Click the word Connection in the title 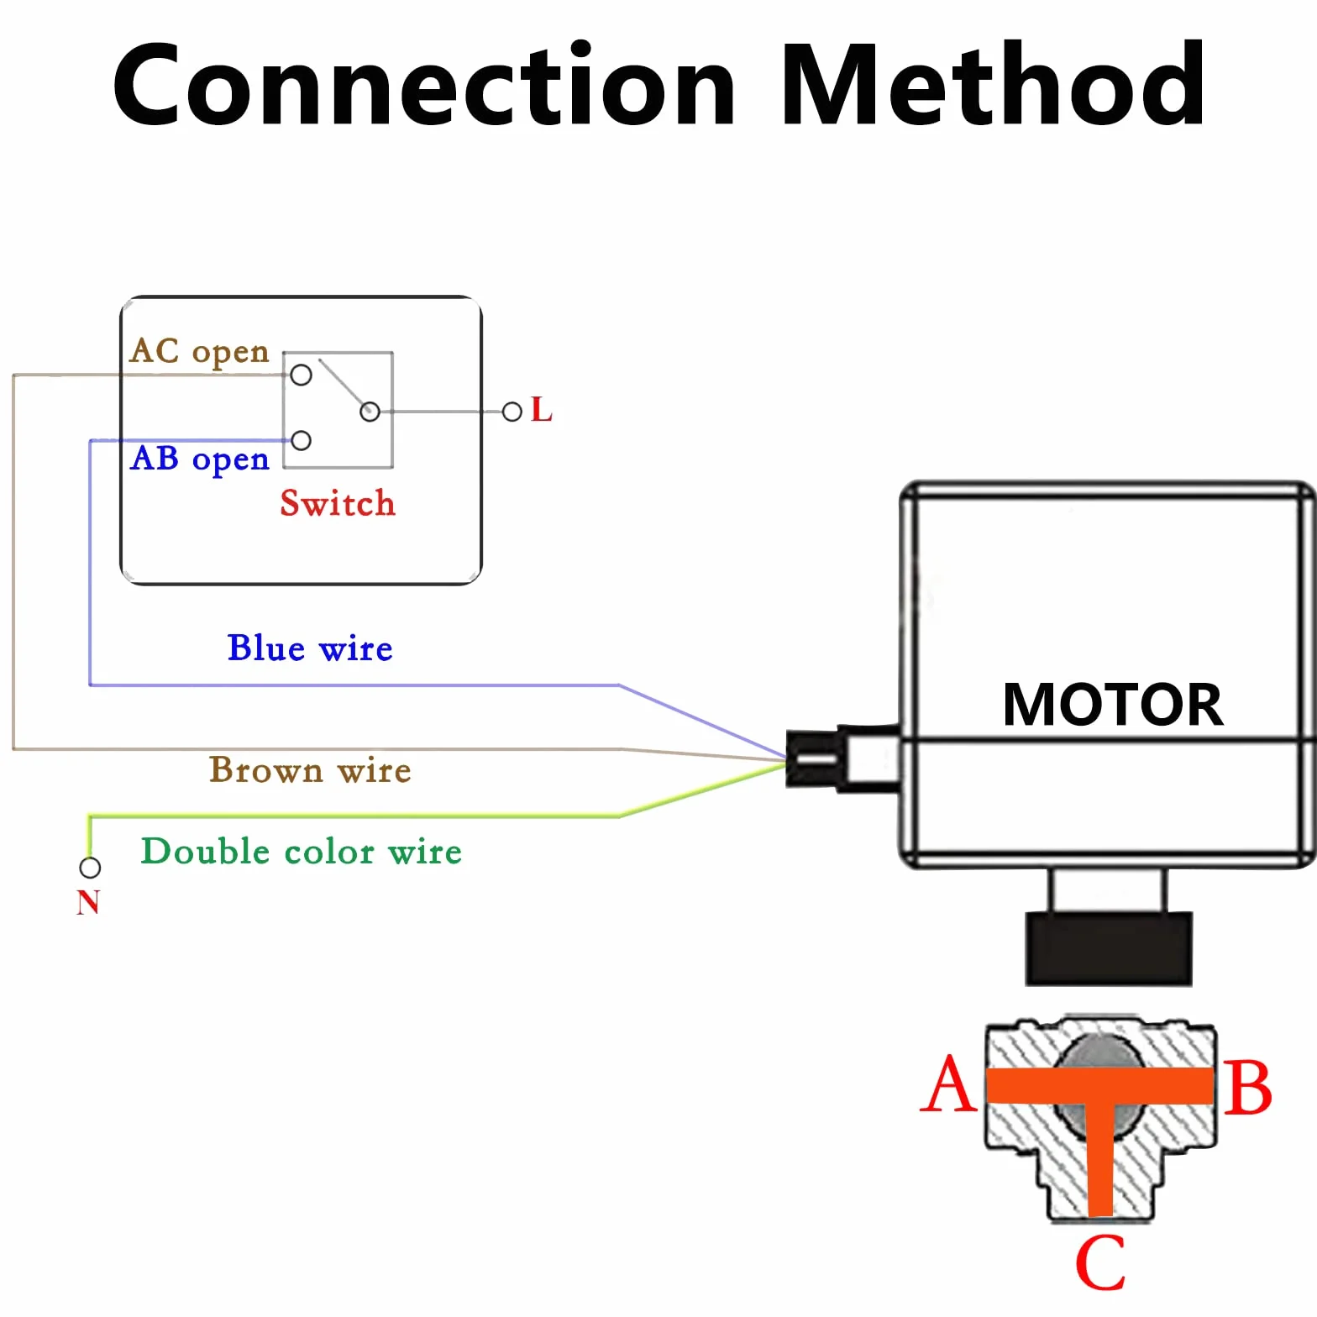pyautogui.click(x=425, y=84)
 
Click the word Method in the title pyautogui.click(x=994, y=84)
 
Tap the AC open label pyautogui.click(x=200, y=352)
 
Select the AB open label pyautogui.click(x=200, y=459)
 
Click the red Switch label pyautogui.click(x=338, y=503)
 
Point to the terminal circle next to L pyautogui.click(x=512, y=412)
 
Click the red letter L pyautogui.click(x=542, y=410)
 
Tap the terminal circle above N pyautogui.click(x=90, y=867)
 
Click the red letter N pyautogui.click(x=88, y=902)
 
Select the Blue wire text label pyautogui.click(x=310, y=648)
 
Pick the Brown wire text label pyautogui.click(x=310, y=770)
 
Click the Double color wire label pyautogui.click(x=302, y=851)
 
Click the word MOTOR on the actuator pyautogui.click(x=1113, y=704)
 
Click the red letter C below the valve pyautogui.click(x=1100, y=1262)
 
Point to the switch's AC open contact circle pyautogui.click(x=301, y=375)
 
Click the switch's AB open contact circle pyautogui.click(x=301, y=440)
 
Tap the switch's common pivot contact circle pyautogui.click(x=370, y=412)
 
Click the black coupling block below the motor pyautogui.click(x=1109, y=949)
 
